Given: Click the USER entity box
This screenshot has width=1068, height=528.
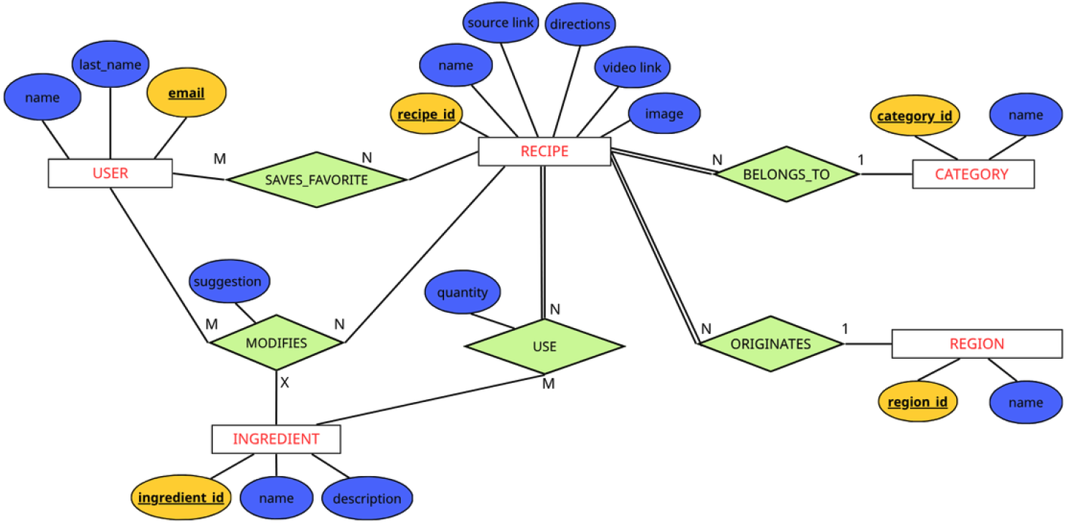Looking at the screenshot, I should [110, 174].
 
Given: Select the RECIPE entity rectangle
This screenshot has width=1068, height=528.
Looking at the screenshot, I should [544, 152].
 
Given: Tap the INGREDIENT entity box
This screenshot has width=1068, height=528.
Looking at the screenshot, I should [276, 439].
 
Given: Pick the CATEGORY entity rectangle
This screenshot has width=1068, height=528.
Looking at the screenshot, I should [973, 174].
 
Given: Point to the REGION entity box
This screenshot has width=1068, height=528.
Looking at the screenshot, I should [977, 343].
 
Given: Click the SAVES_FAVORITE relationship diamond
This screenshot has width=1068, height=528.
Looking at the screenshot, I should [316, 179].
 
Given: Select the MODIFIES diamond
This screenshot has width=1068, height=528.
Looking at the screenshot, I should [277, 343].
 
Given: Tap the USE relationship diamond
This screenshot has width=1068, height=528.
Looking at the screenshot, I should [544, 346].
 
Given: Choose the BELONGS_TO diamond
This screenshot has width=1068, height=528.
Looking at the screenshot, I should [786, 174].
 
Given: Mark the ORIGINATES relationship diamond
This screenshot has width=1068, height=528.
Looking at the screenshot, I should [771, 344].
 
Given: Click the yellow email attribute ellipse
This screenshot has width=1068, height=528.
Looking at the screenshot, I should [186, 94].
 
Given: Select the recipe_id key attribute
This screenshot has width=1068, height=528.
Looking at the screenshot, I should [426, 114].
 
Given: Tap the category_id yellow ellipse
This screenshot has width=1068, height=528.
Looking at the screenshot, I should [914, 116].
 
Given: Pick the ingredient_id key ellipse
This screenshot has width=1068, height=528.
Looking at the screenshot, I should [181, 498].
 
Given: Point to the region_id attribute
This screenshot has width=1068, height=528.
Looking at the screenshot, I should [917, 402].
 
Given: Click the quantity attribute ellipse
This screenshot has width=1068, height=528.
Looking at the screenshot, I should [462, 293].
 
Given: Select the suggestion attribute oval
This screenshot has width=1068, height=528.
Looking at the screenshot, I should [228, 282].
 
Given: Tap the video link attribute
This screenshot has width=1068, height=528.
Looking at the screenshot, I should [631, 68].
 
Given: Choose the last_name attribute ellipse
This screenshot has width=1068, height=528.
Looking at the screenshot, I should [110, 65].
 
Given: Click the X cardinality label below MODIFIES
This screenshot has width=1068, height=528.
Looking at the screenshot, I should [285, 383].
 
